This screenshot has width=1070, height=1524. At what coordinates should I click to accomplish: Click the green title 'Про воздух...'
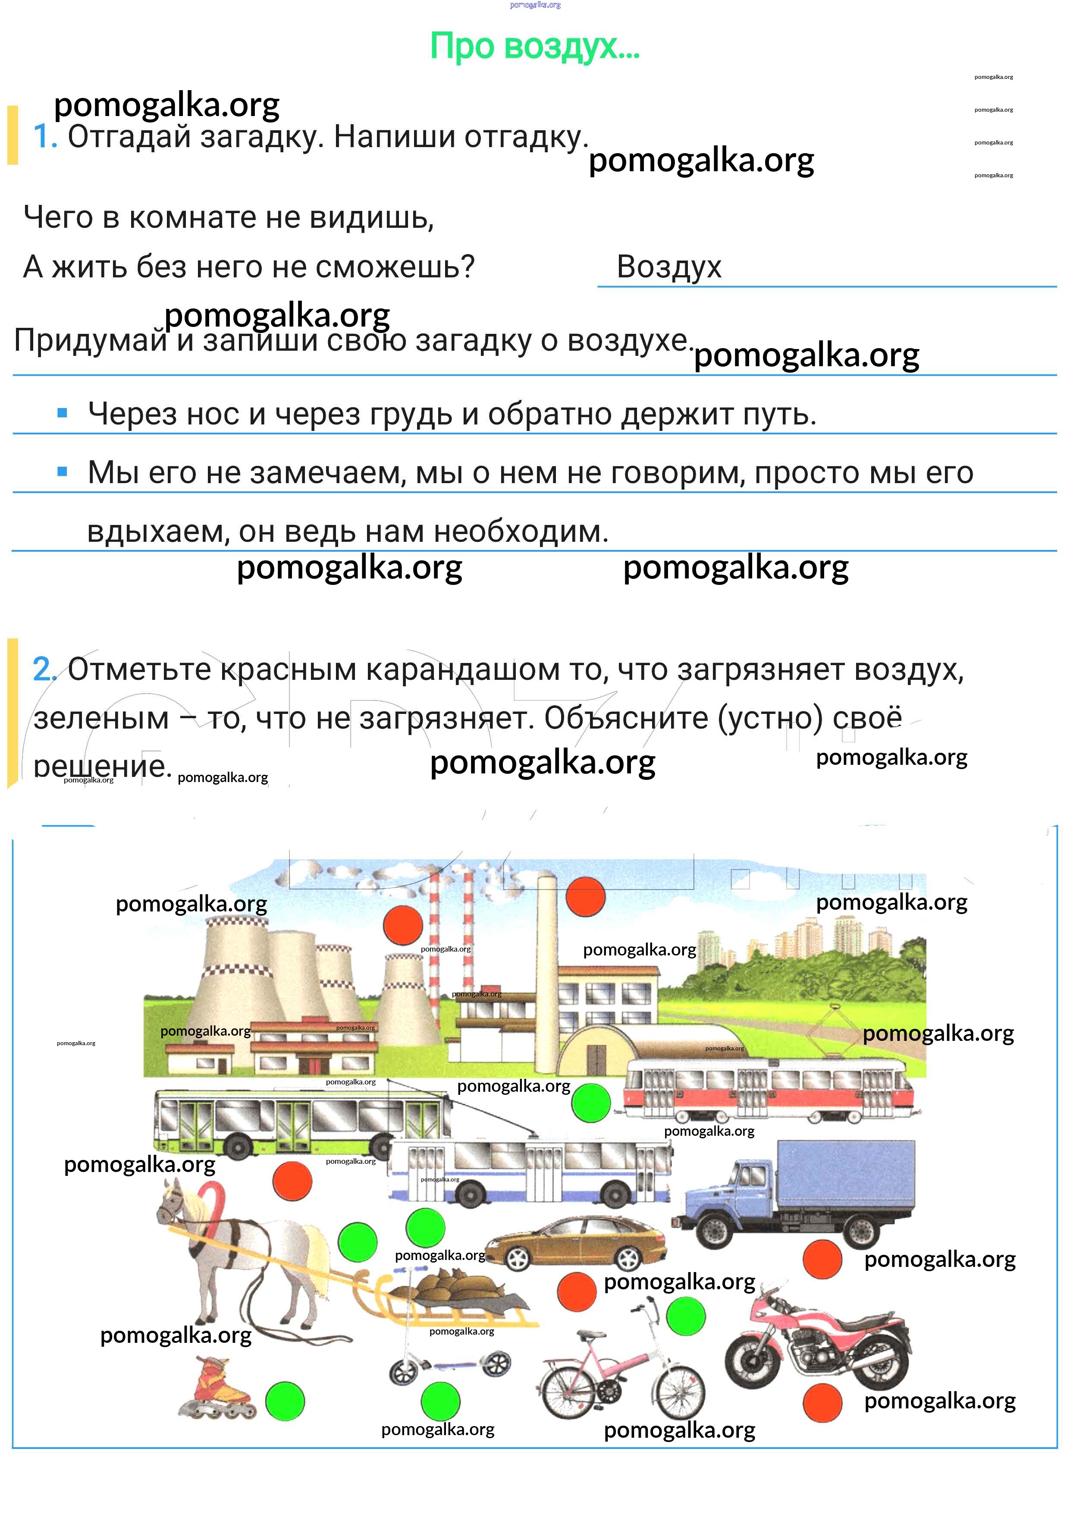pos(534,47)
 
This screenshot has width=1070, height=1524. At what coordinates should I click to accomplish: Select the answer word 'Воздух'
pos(668,267)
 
